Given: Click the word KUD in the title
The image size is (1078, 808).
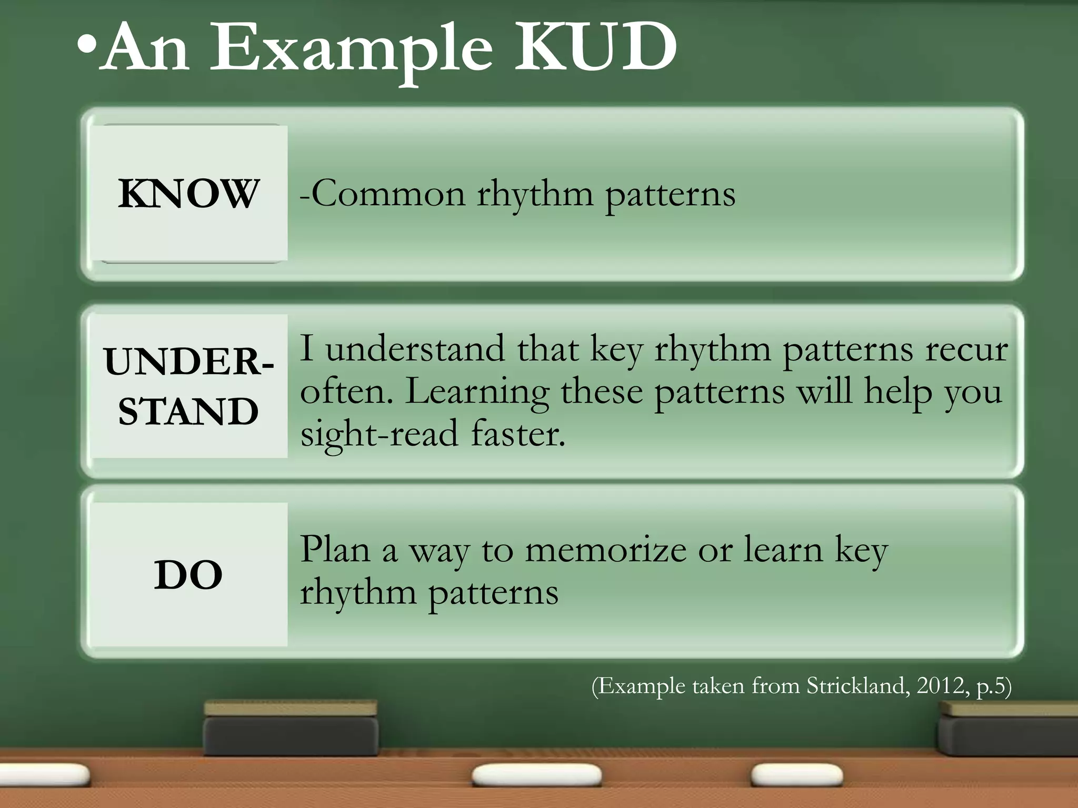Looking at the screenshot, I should [x=595, y=48].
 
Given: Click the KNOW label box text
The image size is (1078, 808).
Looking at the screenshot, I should [x=188, y=194].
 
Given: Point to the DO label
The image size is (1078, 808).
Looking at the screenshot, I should [x=188, y=574].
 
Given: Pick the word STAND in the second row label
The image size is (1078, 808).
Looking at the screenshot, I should [x=188, y=411].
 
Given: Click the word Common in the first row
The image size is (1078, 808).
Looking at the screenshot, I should [x=388, y=194].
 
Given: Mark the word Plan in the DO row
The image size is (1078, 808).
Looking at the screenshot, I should [x=335, y=549].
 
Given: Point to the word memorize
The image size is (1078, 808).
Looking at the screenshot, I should [x=606, y=550].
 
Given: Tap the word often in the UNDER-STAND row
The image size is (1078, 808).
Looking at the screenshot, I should [x=346, y=392].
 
